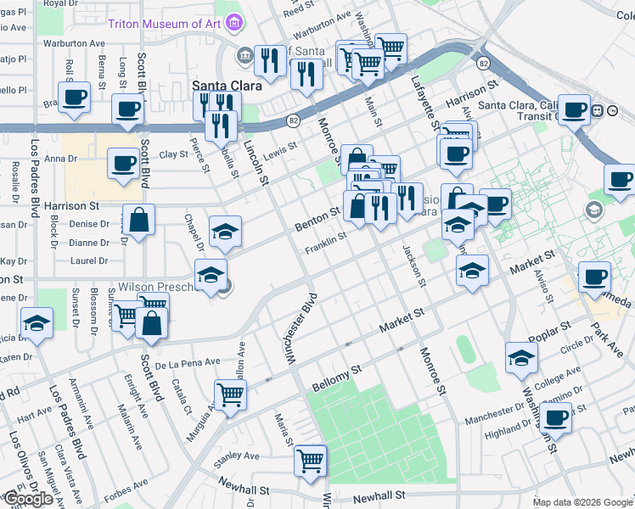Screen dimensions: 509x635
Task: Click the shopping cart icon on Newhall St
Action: click(x=310, y=461)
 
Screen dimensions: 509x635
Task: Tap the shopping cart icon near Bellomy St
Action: click(x=230, y=394)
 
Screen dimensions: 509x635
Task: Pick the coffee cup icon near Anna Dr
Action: click(x=125, y=161)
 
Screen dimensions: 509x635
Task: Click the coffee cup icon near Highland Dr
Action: click(x=556, y=417)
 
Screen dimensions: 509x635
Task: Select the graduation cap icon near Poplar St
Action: click(x=521, y=357)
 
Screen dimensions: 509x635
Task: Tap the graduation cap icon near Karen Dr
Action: click(x=37, y=323)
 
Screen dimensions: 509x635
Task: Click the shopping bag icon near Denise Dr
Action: click(x=138, y=220)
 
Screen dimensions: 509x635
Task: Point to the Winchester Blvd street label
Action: click(x=303, y=329)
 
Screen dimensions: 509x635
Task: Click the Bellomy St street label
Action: click(x=336, y=374)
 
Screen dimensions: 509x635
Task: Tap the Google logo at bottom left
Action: click(x=28, y=499)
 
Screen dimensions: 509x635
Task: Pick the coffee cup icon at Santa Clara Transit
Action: click(x=575, y=109)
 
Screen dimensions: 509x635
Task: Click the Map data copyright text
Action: click(x=582, y=502)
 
